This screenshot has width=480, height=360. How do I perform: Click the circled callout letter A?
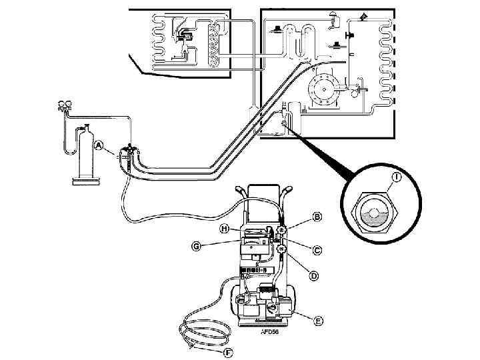pos(99,145)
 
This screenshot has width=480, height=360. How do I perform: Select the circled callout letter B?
pos(317,217)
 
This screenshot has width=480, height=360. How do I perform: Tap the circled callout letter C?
pos(317,250)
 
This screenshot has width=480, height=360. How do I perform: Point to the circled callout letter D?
pos(313,276)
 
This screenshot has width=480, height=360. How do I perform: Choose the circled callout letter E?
pos(319,321)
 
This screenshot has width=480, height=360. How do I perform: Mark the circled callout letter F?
pos(227,353)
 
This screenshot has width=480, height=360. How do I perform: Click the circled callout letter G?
pos(196,246)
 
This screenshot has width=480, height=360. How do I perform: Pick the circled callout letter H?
pos(225,229)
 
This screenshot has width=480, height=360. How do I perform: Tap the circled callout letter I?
pos(397,177)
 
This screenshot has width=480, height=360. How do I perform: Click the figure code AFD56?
pos(270,331)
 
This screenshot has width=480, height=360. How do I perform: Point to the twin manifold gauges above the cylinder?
pos(65,105)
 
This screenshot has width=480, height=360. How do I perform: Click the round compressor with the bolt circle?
pos(323,89)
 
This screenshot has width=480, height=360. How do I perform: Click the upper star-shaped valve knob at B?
pos(281,230)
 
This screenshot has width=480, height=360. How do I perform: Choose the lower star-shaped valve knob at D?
pos(281,249)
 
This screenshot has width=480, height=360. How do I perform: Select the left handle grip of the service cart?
pos(240,192)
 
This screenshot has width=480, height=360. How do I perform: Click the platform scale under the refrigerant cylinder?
pos(86,181)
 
